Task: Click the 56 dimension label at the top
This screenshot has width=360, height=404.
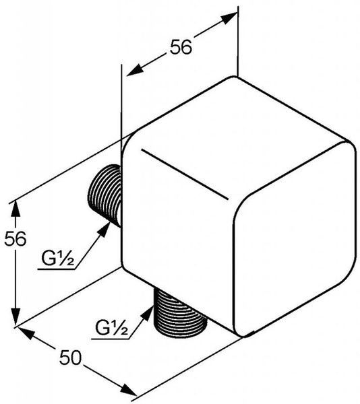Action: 181,46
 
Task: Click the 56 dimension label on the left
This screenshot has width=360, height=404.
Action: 16,238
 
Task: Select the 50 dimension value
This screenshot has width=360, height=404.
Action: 70,358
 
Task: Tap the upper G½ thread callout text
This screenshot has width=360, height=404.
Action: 58,259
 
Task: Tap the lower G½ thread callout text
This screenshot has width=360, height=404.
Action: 111,327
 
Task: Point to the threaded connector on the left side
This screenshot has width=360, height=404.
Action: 104,195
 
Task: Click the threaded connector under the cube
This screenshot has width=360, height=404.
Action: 180,314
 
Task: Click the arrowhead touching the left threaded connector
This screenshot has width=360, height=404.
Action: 104,230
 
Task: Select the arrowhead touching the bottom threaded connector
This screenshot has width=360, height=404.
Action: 148,313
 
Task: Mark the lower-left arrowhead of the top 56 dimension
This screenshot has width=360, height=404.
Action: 135,70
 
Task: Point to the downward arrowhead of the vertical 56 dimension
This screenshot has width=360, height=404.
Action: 16,316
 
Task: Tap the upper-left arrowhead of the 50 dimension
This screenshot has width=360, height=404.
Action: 26,333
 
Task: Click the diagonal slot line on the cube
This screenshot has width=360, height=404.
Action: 185,174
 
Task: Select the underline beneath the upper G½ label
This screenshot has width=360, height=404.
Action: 56,269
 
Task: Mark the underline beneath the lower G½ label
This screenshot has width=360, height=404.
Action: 110,339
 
